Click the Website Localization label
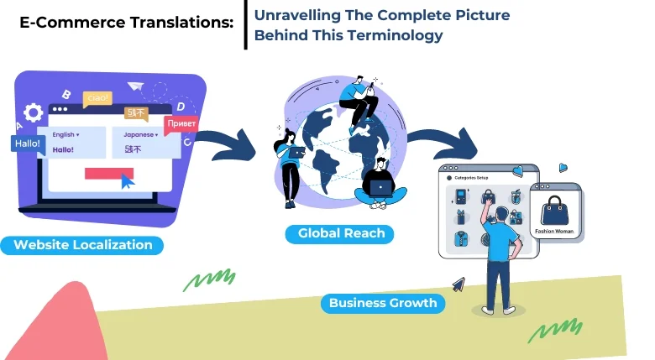83,245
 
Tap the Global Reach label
341,233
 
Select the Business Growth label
383,303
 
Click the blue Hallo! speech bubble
27,143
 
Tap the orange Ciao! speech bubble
98,99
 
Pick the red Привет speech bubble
181,123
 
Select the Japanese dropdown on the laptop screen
140,134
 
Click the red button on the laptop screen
109,173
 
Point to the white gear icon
34,113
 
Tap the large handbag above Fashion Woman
555,209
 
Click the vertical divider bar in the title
245,25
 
